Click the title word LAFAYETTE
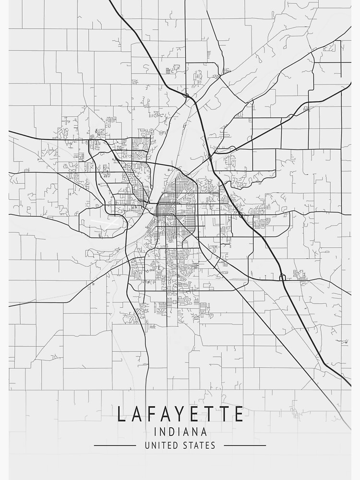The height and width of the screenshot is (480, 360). coord(180,414)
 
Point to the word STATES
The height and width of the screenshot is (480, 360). coord(198,445)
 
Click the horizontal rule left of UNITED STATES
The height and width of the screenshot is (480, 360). coord(115,445)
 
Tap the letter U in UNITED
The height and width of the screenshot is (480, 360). coord(147,445)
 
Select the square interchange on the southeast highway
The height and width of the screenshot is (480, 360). coord(282,277)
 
